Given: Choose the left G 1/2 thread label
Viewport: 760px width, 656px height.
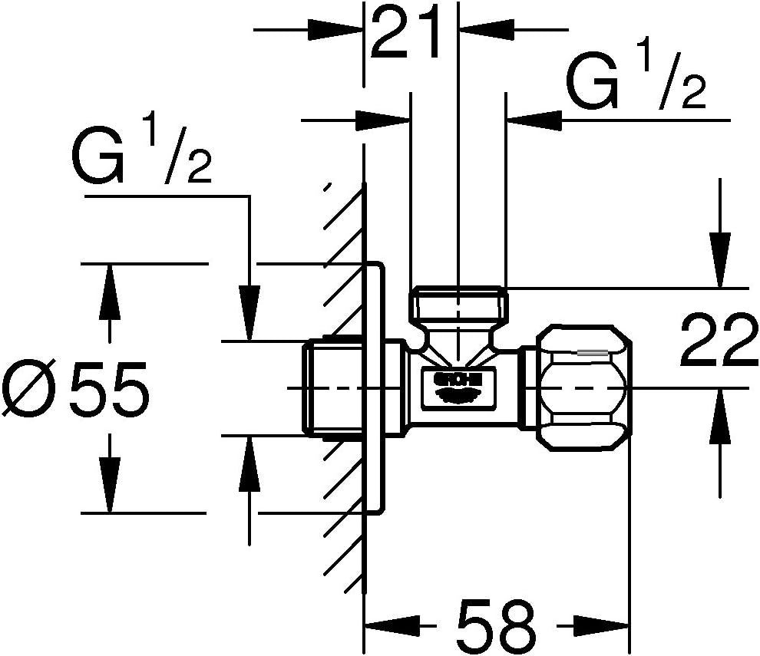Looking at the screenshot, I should click(x=141, y=156).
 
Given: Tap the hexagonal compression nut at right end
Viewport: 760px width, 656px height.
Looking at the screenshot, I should click(x=588, y=388).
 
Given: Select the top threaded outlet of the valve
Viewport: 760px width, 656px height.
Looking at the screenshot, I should click(x=458, y=305).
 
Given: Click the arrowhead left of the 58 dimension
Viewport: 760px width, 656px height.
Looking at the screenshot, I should click(x=391, y=624).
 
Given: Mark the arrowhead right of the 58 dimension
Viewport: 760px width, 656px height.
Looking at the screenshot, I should click(x=603, y=624).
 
